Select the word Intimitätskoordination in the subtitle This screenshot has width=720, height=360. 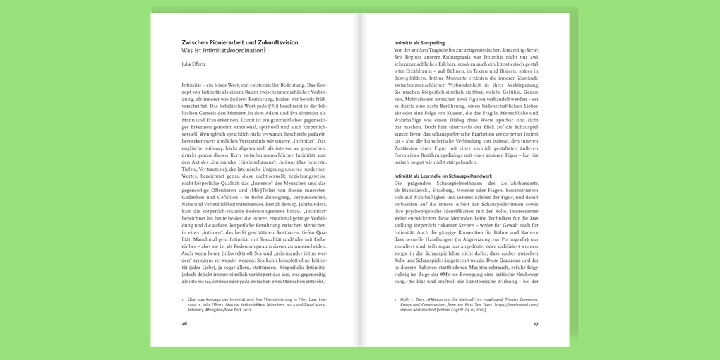pyautogui.click(x=234, y=51)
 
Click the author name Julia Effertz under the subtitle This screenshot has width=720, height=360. pyautogui.click(x=193, y=64)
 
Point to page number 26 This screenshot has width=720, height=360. pyautogui.click(x=184, y=323)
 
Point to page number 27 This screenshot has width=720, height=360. pyautogui.click(x=536, y=323)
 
